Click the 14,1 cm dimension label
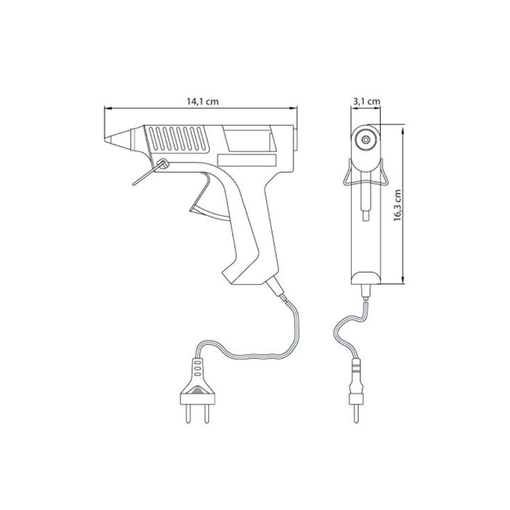pyautogui.click(x=202, y=101)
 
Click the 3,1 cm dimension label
pyautogui.click(x=366, y=101)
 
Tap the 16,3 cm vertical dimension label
pyautogui.click(x=398, y=205)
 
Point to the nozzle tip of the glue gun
pyautogui.click(x=106, y=140)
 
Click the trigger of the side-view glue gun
pyautogui.click(x=208, y=200)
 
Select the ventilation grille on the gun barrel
pyautogui.click(x=178, y=139)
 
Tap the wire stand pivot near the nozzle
pyautogui.click(x=162, y=163)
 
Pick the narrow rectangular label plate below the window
pyautogui.click(x=246, y=160)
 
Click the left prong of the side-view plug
pyautogui.click(x=189, y=414)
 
